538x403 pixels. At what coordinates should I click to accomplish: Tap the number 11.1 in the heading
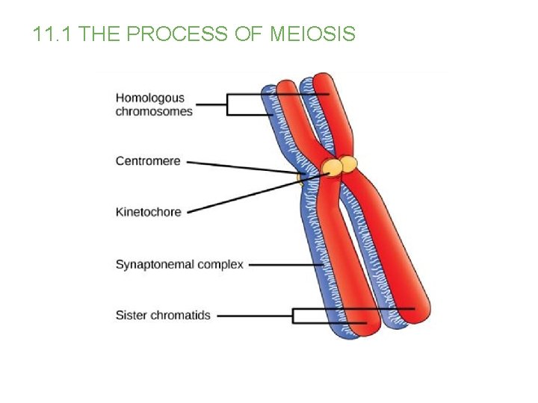[x=53, y=34]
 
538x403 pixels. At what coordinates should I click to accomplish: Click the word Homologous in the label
[x=149, y=98]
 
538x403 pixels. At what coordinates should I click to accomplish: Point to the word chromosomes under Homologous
[x=153, y=111]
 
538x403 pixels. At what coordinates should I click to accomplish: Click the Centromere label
[x=148, y=160]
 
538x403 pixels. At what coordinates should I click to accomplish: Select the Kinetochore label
[x=148, y=212]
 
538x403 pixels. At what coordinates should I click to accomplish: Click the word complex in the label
[x=223, y=265]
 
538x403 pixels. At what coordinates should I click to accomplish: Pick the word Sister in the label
[x=131, y=316]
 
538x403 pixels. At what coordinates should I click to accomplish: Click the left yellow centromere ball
[x=331, y=168]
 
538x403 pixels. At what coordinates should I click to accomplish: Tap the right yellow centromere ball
[x=348, y=163]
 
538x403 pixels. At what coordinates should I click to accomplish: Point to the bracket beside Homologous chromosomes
[x=228, y=104]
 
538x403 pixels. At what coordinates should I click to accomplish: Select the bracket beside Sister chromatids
[x=294, y=316]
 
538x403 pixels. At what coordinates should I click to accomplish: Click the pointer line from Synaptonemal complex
[x=284, y=265]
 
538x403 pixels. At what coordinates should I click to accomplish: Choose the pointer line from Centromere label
[x=247, y=166]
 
